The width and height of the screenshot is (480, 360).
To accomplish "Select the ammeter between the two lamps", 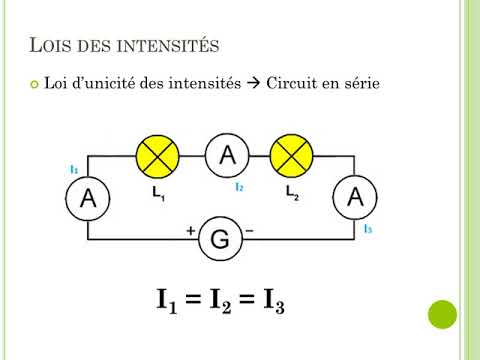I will tap(227, 154).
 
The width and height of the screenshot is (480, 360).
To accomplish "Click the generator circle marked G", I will tap(220, 239).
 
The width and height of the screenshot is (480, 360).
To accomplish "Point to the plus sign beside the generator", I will tap(191, 230).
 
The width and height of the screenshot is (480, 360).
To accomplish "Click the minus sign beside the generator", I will tap(249, 230).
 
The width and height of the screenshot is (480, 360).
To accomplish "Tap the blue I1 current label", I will tap(75, 169).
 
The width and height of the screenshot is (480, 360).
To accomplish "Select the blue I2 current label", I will tap(239, 187).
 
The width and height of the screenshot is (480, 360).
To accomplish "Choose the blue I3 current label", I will tap(368, 229).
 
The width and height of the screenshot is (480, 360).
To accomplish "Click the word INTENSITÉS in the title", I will tap(169, 45).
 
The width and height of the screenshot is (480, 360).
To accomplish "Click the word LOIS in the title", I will tap(49, 45).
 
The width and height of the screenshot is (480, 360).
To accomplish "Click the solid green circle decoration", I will tap(441, 315).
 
